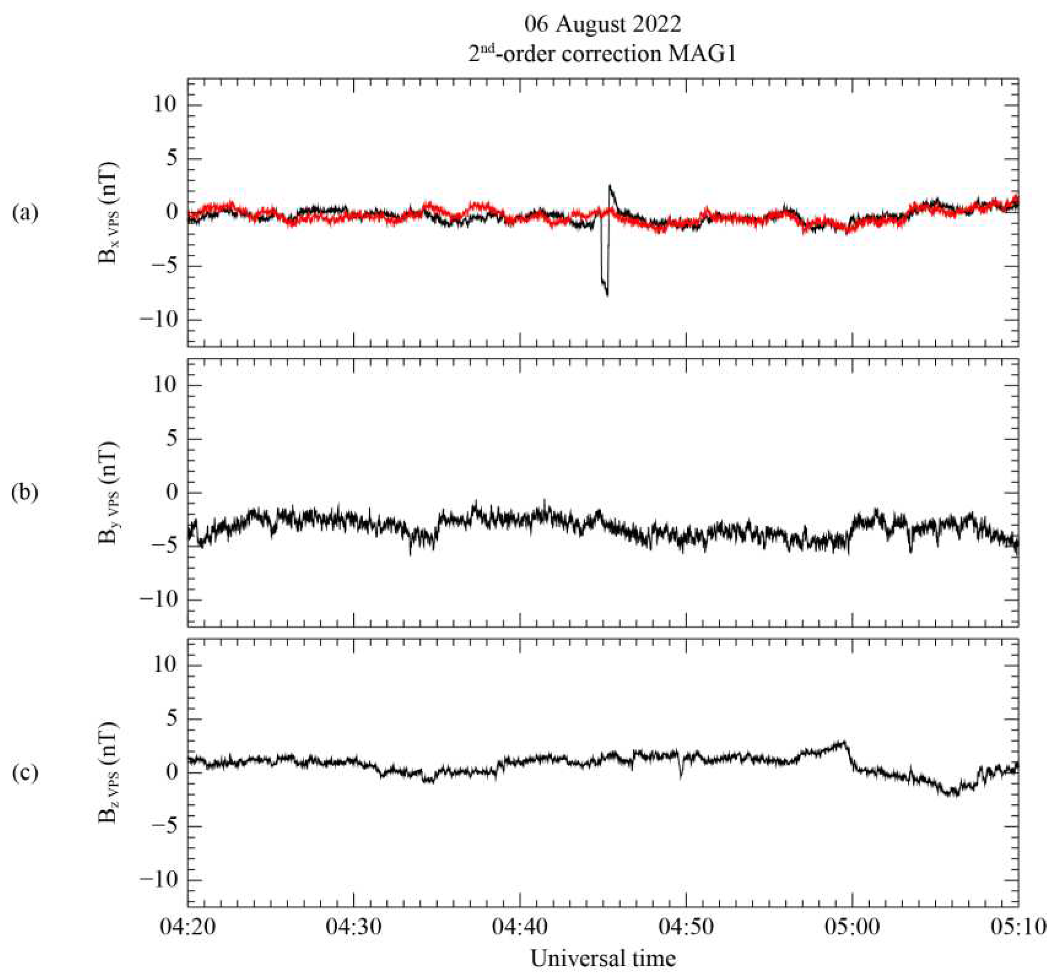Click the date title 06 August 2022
click(602, 25)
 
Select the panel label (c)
click(25, 773)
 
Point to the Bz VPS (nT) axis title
click(109, 773)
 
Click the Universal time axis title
click(603, 958)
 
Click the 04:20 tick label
click(188, 927)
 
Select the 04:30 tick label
click(354, 927)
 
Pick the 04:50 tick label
click(686, 927)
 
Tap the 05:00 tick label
click(852, 927)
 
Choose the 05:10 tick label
click(1018, 927)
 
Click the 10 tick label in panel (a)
click(165, 105)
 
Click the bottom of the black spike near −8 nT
click(607, 295)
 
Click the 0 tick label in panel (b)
click(170, 493)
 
